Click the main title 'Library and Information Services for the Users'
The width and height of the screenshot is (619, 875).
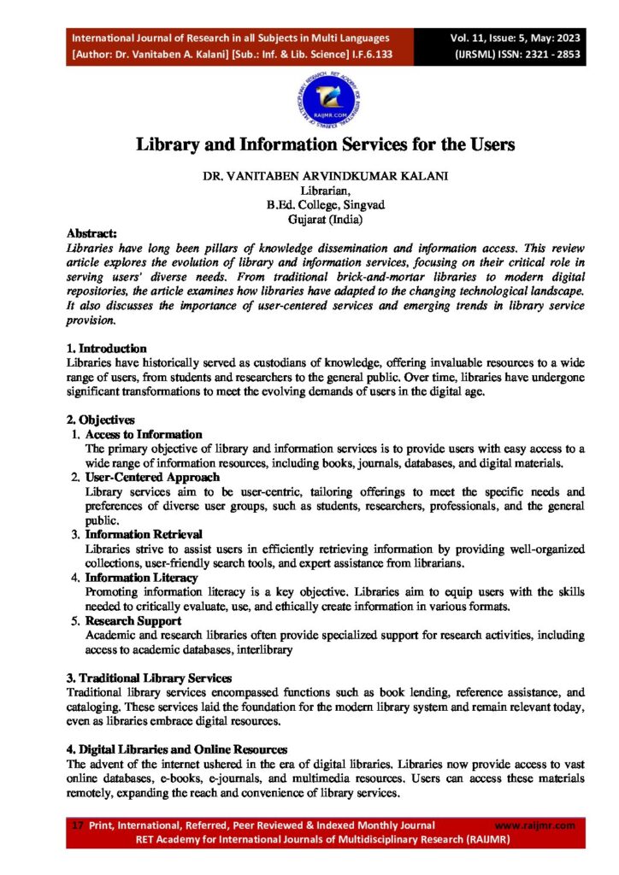pos(326,144)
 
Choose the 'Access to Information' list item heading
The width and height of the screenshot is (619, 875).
pos(144,435)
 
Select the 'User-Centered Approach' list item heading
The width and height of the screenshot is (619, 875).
pos(152,478)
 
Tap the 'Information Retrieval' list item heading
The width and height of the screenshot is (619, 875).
pos(144,535)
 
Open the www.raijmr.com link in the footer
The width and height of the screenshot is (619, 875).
pos(535,825)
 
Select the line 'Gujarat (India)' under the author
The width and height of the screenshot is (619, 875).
pos(326,219)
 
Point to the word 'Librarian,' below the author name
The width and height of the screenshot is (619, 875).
pos(326,191)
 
